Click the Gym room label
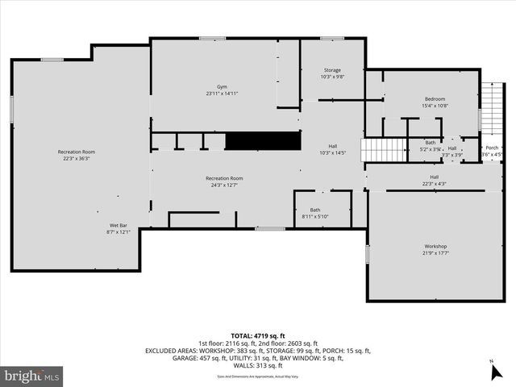(x=221, y=86)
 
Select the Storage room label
(x=332, y=70)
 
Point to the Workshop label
(x=435, y=246)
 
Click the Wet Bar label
(x=119, y=225)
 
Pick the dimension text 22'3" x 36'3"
(x=77, y=159)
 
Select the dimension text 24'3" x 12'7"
(x=224, y=185)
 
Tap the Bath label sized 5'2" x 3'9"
(x=430, y=143)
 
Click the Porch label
(x=491, y=148)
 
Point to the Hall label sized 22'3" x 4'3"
(x=434, y=177)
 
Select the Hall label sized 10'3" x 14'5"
(x=332, y=146)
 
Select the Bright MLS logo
(x=32, y=376)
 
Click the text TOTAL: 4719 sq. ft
(x=258, y=335)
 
